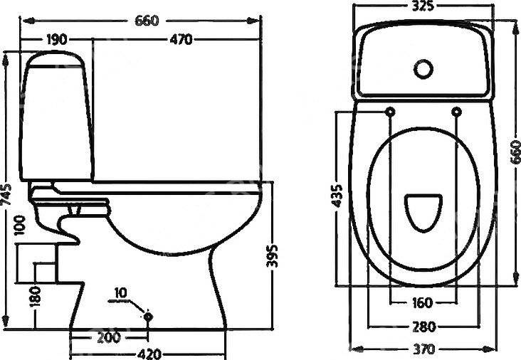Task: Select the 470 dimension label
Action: (x=179, y=40)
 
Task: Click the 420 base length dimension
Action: (x=147, y=352)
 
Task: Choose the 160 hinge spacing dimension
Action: (x=422, y=303)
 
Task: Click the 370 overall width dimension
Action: (x=422, y=349)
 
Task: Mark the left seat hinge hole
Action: (x=391, y=112)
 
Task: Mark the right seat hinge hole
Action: (x=456, y=112)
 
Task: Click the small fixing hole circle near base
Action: (x=148, y=315)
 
